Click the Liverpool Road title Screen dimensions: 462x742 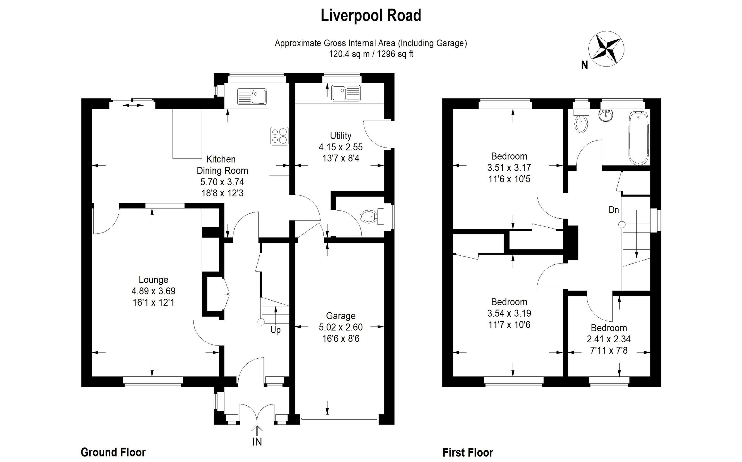(371, 15)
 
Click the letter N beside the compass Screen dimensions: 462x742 (584, 66)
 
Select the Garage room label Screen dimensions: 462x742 (341, 316)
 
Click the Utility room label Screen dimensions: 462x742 (341, 136)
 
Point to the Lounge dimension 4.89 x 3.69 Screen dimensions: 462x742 (153, 291)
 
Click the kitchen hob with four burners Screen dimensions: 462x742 (279, 136)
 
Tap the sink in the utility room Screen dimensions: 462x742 (346, 93)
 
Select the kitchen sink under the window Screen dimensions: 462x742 (252, 96)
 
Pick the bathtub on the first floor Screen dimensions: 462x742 (639, 138)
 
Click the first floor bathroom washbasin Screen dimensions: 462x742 (605, 115)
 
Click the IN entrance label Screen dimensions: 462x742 (257, 442)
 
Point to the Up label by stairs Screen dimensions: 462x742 (275, 330)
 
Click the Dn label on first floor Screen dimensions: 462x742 (614, 210)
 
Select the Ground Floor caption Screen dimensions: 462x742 (113, 452)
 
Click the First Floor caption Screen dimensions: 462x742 (468, 453)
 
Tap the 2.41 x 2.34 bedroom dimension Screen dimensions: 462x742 (608, 339)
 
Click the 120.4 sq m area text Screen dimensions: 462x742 (349, 54)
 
